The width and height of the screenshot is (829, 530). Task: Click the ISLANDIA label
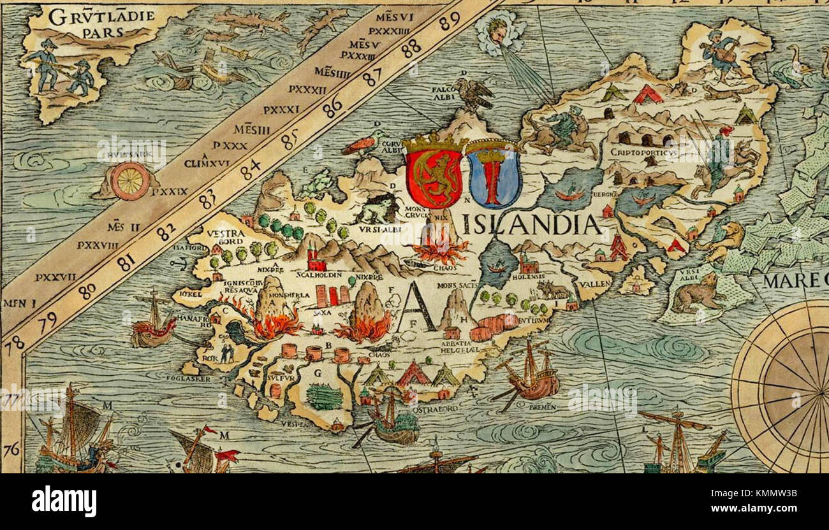pos(531,224)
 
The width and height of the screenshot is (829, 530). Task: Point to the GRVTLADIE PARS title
pos(101,22)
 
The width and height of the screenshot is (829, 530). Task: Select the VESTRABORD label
pos(226,237)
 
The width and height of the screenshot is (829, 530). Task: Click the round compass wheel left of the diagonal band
pos(130,180)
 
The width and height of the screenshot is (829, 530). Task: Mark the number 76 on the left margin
pos(11,450)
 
